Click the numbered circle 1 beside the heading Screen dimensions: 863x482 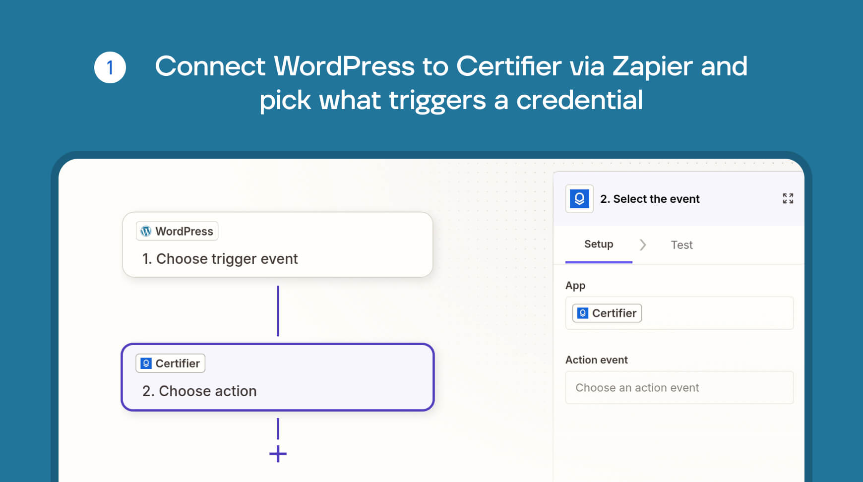[110, 67]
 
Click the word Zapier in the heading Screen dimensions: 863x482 [652, 67]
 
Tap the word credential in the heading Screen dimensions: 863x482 [579, 100]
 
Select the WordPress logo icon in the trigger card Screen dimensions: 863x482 [146, 231]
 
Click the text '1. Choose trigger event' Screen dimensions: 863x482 [220, 259]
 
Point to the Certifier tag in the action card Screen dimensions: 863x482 [171, 363]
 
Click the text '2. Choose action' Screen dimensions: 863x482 [199, 391]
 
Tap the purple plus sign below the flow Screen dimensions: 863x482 [278, 454]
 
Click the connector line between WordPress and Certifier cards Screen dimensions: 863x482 [278, 311]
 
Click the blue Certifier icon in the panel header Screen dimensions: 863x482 [579, 199]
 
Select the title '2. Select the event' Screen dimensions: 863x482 [650, 199]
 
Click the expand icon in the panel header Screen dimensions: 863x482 [788, 198]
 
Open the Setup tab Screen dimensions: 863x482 [599, 244]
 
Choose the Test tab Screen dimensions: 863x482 [681, 245]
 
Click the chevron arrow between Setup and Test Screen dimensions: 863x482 [643, 245]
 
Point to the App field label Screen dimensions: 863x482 [575, 286]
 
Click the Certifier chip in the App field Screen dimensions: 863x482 [607, 313]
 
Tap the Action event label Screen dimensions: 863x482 [597, 360]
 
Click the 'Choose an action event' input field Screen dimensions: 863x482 [679, 388]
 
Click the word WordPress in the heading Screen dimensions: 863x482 [344, 66]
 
